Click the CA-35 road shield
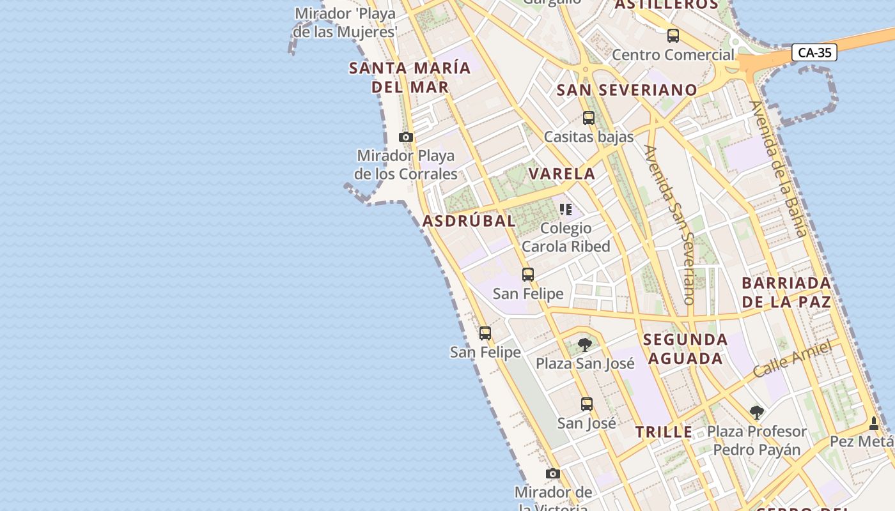814,52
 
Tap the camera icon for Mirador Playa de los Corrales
406,137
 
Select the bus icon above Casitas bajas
588,118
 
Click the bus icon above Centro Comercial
673,36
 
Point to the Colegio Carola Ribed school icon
565,210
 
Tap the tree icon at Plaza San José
584,345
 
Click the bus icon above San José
586,404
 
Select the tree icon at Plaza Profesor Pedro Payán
757,412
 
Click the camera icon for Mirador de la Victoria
553,473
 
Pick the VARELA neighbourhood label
562,173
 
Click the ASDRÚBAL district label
469,221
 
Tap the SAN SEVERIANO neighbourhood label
626,90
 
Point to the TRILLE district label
664,432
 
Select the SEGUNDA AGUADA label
685,349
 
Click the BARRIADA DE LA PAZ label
786,293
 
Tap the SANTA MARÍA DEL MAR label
410,77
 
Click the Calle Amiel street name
792,358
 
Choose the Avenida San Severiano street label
670,224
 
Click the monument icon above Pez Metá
874,423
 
